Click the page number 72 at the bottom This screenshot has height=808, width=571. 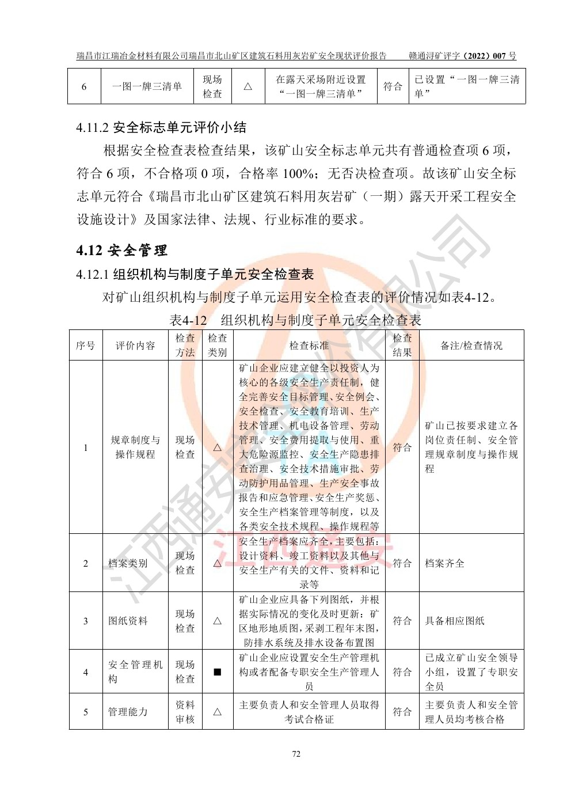296,754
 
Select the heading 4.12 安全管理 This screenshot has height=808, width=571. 122,251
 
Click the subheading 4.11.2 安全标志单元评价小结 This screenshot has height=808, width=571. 161,127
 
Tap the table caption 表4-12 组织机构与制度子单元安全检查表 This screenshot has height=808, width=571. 296,320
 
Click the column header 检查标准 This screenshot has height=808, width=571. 309,346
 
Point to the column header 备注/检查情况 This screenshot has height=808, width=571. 471,346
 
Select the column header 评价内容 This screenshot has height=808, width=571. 135,346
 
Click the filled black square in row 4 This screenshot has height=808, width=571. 217,672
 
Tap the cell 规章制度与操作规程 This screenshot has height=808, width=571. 135,447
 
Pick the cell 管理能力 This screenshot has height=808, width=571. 128,712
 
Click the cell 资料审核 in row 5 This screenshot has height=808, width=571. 185,712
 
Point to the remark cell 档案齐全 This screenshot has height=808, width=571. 444,563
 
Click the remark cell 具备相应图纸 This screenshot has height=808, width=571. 455,621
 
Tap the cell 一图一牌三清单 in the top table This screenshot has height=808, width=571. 147,86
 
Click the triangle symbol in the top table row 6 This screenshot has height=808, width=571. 248,86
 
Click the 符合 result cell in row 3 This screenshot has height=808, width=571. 402,621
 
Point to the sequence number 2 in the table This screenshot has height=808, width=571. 86,563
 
